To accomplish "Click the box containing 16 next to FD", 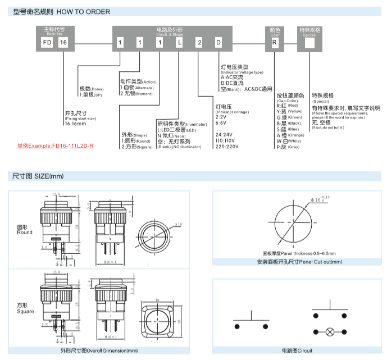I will (63, 43).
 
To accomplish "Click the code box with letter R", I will (274, 43).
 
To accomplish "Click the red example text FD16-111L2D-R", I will (55, 145).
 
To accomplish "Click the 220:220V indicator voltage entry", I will (228, 147).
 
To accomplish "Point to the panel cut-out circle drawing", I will (294, 222).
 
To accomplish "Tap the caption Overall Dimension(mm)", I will (99, 351).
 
